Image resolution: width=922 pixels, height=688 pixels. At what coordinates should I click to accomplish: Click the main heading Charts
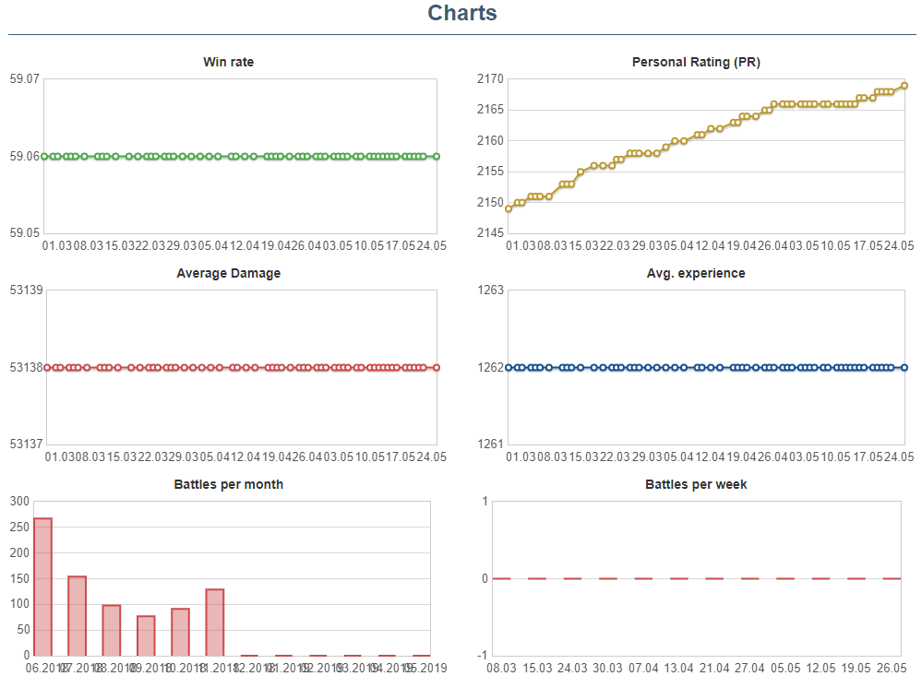click(x=462, y=14)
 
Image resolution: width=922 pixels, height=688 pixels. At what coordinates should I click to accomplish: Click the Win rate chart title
click(x=229, y=63)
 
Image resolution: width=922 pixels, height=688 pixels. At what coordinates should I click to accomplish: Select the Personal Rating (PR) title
click(x=696, y=63)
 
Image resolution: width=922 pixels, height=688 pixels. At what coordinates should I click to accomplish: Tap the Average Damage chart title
click(x=229, y=273)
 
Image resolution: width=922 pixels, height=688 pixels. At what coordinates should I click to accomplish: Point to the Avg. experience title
click(x=696, y=273)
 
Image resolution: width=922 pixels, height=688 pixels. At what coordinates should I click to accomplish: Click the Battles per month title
click(x=229, y=484)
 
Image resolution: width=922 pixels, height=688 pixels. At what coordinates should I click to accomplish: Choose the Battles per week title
click(x=696, y=484)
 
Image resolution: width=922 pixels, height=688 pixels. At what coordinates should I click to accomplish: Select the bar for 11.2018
click(x=214, y=622)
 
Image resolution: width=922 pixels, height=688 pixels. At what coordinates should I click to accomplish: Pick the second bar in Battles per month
click(x=78, y=615)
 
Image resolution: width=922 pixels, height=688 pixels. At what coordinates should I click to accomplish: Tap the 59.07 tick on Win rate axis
click(x=24, y=79)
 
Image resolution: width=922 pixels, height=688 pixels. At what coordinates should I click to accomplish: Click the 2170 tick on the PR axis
click(x=490, y=79)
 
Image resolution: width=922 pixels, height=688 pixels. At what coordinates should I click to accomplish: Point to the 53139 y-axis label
click(x=24, y=291)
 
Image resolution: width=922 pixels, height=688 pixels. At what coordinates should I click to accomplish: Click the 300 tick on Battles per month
click(x=19, y=502)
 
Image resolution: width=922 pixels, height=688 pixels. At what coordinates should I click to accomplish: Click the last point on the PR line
click(x=904, y=86)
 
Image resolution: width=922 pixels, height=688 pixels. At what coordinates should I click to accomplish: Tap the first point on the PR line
click(x=509, y=208)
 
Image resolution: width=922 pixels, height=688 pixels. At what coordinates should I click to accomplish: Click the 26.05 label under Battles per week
click(x=892, y=668)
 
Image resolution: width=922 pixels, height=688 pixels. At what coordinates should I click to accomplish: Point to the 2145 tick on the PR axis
click(x=490, y=233)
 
